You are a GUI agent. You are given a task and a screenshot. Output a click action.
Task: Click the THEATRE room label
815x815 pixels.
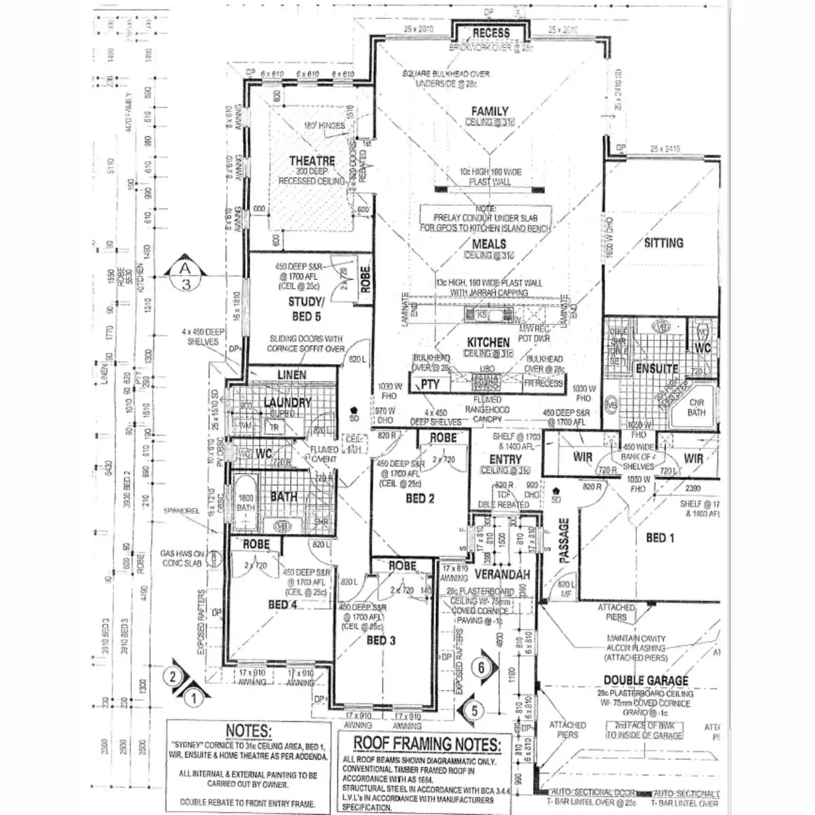click(312, 161)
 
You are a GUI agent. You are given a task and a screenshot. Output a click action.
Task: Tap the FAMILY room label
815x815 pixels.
click(490, 111)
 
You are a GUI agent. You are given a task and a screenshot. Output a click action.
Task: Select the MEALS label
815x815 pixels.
click(489, 244)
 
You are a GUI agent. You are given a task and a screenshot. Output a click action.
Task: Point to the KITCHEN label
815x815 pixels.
click(488, 342)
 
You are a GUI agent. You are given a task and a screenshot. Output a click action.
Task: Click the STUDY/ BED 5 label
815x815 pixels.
click(306, 309)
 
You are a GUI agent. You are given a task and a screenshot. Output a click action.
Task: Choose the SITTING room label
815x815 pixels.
click(664, 242)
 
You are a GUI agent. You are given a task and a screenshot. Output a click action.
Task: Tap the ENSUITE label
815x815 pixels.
click(657, 369)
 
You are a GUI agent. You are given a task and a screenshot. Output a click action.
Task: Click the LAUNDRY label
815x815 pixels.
click(287, 403)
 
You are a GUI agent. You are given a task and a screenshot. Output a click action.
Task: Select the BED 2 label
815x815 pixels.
click(420, 499)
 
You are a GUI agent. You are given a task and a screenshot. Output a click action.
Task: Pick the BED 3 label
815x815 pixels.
click(381, 640)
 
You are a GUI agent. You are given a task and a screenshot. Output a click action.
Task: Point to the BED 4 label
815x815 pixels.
click(283, 604)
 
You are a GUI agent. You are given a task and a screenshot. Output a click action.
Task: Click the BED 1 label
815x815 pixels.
click(659, 538)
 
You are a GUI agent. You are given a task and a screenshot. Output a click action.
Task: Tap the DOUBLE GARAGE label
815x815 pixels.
click(645, 681)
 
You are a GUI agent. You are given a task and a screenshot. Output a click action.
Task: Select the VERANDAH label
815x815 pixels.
click(501, 575)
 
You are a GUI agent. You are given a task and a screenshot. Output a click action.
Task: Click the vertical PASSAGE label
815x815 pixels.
click(563, 541)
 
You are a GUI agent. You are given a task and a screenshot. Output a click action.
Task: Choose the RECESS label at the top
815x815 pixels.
click(490, 33)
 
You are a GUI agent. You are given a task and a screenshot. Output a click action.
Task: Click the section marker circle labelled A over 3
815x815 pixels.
click(185, 276)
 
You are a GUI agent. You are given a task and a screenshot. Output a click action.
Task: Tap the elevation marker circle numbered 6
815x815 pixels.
click(482, 667)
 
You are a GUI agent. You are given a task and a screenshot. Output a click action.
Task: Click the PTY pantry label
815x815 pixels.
click(429, 384)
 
